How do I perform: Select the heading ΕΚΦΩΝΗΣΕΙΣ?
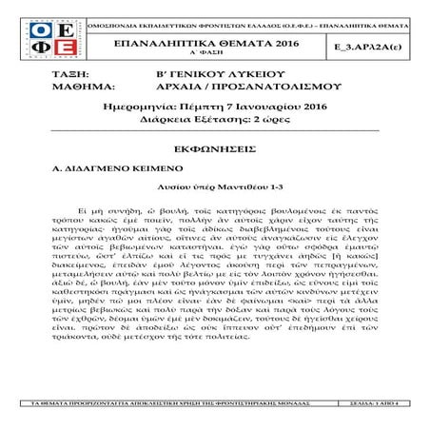[x=215, y=150]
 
